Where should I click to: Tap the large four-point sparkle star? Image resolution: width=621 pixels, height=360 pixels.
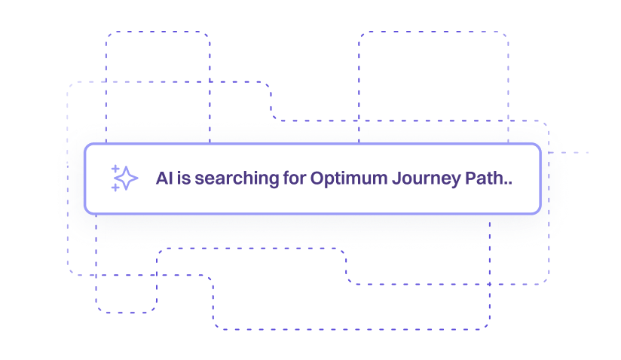coord(127,178)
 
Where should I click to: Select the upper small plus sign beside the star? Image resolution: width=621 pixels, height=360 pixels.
coord(115,169)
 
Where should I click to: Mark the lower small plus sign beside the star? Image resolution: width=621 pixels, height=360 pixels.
coord(115,188)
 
